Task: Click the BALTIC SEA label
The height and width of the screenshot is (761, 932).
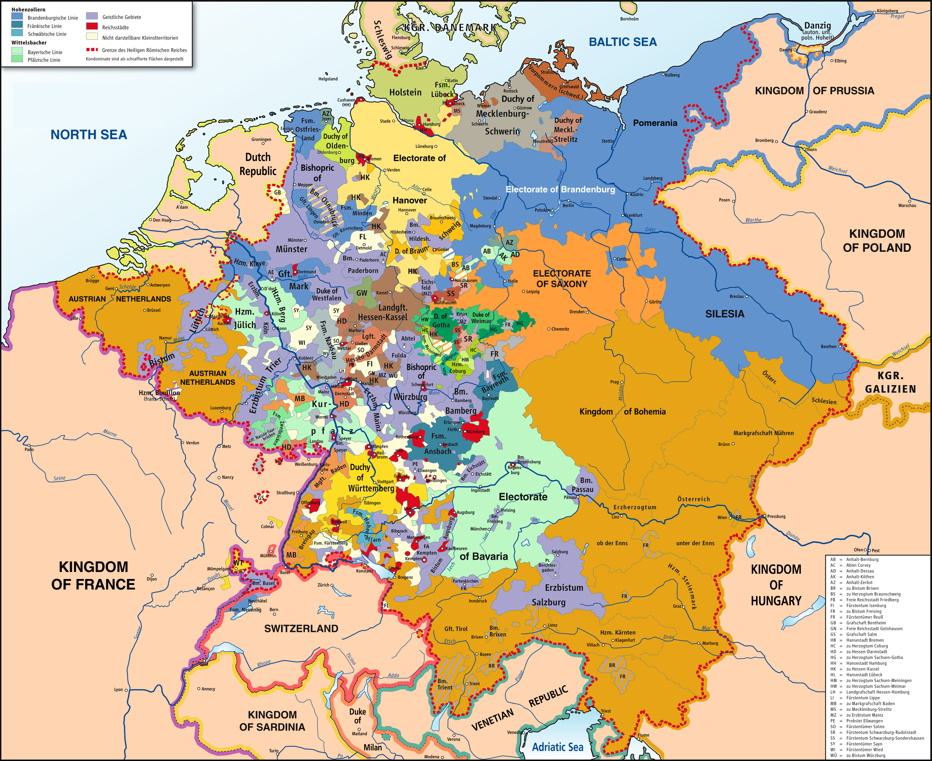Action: (x=622, y=42)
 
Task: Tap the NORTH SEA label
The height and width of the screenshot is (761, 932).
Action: (x=89, y=135)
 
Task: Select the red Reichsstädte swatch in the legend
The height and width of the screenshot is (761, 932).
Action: (x=92, y=26)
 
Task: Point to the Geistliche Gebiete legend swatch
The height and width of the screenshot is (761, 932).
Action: (x=92, y=16)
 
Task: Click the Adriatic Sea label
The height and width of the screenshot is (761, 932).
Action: (x=557, y=747)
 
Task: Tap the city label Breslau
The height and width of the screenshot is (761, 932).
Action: (x=736, y=296)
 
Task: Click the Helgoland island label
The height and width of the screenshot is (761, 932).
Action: (x=328, y=79)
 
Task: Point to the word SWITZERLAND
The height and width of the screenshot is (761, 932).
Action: (x=301, y=628)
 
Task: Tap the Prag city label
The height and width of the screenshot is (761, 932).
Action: (x=614, y=382)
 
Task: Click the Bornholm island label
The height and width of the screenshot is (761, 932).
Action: (x=629, y=19)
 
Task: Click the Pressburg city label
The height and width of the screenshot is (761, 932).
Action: (x=776, y=516)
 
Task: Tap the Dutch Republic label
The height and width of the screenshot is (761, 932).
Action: (x=258, y=164)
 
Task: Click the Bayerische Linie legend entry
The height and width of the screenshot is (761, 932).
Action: (x=45, y=52)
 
